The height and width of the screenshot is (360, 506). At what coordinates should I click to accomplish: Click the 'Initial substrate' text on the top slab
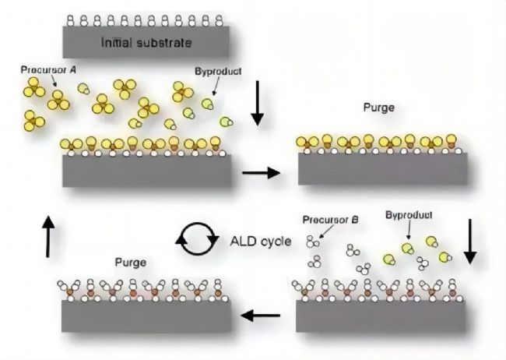tap(146, 43)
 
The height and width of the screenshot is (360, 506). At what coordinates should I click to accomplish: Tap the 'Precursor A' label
tap(48, 69)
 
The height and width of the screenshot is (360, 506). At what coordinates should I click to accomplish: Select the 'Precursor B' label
tap(330, 220)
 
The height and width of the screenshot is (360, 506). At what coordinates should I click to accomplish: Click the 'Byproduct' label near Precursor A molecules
tap(218, 72)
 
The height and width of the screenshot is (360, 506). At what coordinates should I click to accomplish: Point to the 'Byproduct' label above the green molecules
tap(409, 215)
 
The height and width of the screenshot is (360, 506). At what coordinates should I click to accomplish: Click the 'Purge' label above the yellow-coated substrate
tap(379, 108)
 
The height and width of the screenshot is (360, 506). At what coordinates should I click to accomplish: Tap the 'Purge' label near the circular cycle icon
tap(131, 263)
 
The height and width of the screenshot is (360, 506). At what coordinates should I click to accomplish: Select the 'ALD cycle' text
tap(261, 241)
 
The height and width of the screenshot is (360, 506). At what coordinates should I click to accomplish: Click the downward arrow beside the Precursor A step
tap(258, 103)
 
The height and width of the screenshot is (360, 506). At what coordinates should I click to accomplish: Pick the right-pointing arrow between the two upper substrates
tap(261, 173)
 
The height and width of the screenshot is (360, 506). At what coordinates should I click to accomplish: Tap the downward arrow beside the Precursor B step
tap(470, 242)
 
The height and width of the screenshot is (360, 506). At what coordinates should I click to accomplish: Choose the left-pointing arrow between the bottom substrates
tap(261, 316)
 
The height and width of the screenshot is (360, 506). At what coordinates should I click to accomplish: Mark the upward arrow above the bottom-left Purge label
tap(48, 237)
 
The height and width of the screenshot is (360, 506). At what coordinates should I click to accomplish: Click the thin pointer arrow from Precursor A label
tap(54, 80)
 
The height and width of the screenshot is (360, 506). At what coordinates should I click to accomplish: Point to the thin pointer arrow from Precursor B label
tap(326, 232)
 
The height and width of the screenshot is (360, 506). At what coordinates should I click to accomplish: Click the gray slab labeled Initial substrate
tap(146, 42)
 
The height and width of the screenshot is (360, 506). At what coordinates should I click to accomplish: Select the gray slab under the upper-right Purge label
tap(383, 168)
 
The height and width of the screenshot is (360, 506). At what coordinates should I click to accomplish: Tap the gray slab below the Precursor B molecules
tap(381, 316)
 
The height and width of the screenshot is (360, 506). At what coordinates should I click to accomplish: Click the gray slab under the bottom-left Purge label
tap(146, 316)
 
